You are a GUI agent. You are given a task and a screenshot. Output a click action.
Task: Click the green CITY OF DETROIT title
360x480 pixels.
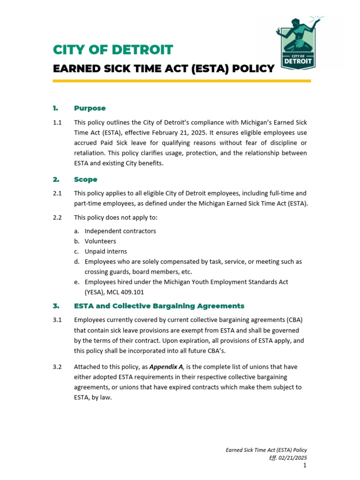tap(113, 50)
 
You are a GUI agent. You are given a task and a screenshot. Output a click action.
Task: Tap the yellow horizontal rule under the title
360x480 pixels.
tap(181, 81)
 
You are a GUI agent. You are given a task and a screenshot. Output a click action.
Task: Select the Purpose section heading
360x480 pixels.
tap(90, 108)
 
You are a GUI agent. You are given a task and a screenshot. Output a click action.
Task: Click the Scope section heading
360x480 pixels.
tap(85, 180)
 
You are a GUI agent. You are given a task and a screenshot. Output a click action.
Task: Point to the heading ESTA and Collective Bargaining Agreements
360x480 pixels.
tap(159, 306)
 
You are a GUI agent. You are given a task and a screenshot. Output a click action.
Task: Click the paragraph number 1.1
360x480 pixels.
tap(57, 122)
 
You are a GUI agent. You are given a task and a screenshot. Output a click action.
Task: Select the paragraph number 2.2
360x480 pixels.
tap(57, 217)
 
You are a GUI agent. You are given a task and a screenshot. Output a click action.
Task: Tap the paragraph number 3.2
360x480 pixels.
tap(57, 367)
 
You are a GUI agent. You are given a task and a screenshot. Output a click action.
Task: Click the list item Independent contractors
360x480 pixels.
tap(120, 231)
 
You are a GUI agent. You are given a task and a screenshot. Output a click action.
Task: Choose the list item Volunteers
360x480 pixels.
tap(100, 241)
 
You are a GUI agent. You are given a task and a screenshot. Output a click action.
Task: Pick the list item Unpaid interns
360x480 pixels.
tap(105, 252)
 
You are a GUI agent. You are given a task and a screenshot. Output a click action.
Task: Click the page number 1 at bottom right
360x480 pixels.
tap(305, 465)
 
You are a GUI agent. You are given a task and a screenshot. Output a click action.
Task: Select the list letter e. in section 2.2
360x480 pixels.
tap(76, 282)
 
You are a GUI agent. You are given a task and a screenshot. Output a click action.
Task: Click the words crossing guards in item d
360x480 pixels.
tap(107, 272)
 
